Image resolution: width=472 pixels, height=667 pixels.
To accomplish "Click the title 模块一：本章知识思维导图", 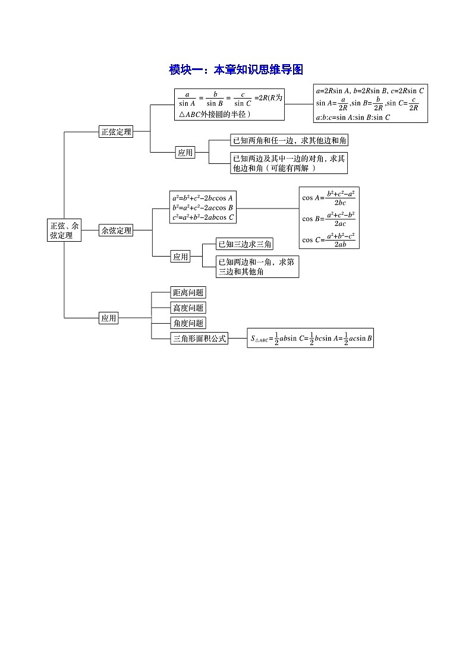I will (236, 70).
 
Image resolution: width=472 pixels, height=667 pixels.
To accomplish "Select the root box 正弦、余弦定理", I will (65, 230).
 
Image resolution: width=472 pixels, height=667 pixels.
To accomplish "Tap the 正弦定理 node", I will (116, 132).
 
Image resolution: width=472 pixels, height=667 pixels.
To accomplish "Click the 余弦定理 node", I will (116, 230).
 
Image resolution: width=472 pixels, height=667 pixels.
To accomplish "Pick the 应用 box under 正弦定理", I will (185, 153).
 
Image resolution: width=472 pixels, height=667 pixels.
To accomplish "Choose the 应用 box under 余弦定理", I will (181, 257).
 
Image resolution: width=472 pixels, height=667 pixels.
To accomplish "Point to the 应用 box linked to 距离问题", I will (109, 318).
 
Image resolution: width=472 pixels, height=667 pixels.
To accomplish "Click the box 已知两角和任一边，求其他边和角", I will (290, 141).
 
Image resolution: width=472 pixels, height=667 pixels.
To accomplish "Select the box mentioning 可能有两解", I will (290, 163).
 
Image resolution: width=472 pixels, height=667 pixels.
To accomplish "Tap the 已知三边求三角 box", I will (246, 244).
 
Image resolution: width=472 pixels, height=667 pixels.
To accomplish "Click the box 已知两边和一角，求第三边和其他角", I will (257, 266).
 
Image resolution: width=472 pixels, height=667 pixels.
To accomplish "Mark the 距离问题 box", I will (188, 292).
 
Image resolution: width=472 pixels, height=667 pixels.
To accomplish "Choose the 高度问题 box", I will (188, 308).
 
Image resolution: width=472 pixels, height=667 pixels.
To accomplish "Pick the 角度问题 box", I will (188, 323).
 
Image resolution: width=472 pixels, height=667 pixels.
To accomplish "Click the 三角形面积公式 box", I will (199, 339).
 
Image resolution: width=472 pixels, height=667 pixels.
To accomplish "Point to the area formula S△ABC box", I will (310, 339).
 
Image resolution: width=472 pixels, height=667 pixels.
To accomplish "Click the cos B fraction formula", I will (329, 219).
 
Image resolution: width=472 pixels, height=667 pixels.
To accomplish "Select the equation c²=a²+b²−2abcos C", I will (203, 217).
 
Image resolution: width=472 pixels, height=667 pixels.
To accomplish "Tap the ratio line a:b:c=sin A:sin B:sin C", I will (353, 117).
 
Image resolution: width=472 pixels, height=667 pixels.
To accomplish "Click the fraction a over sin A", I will (187, 98).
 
